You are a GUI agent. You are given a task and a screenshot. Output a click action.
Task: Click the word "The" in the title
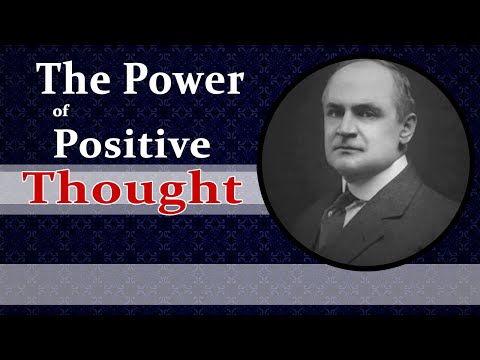(x=69, y=77)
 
